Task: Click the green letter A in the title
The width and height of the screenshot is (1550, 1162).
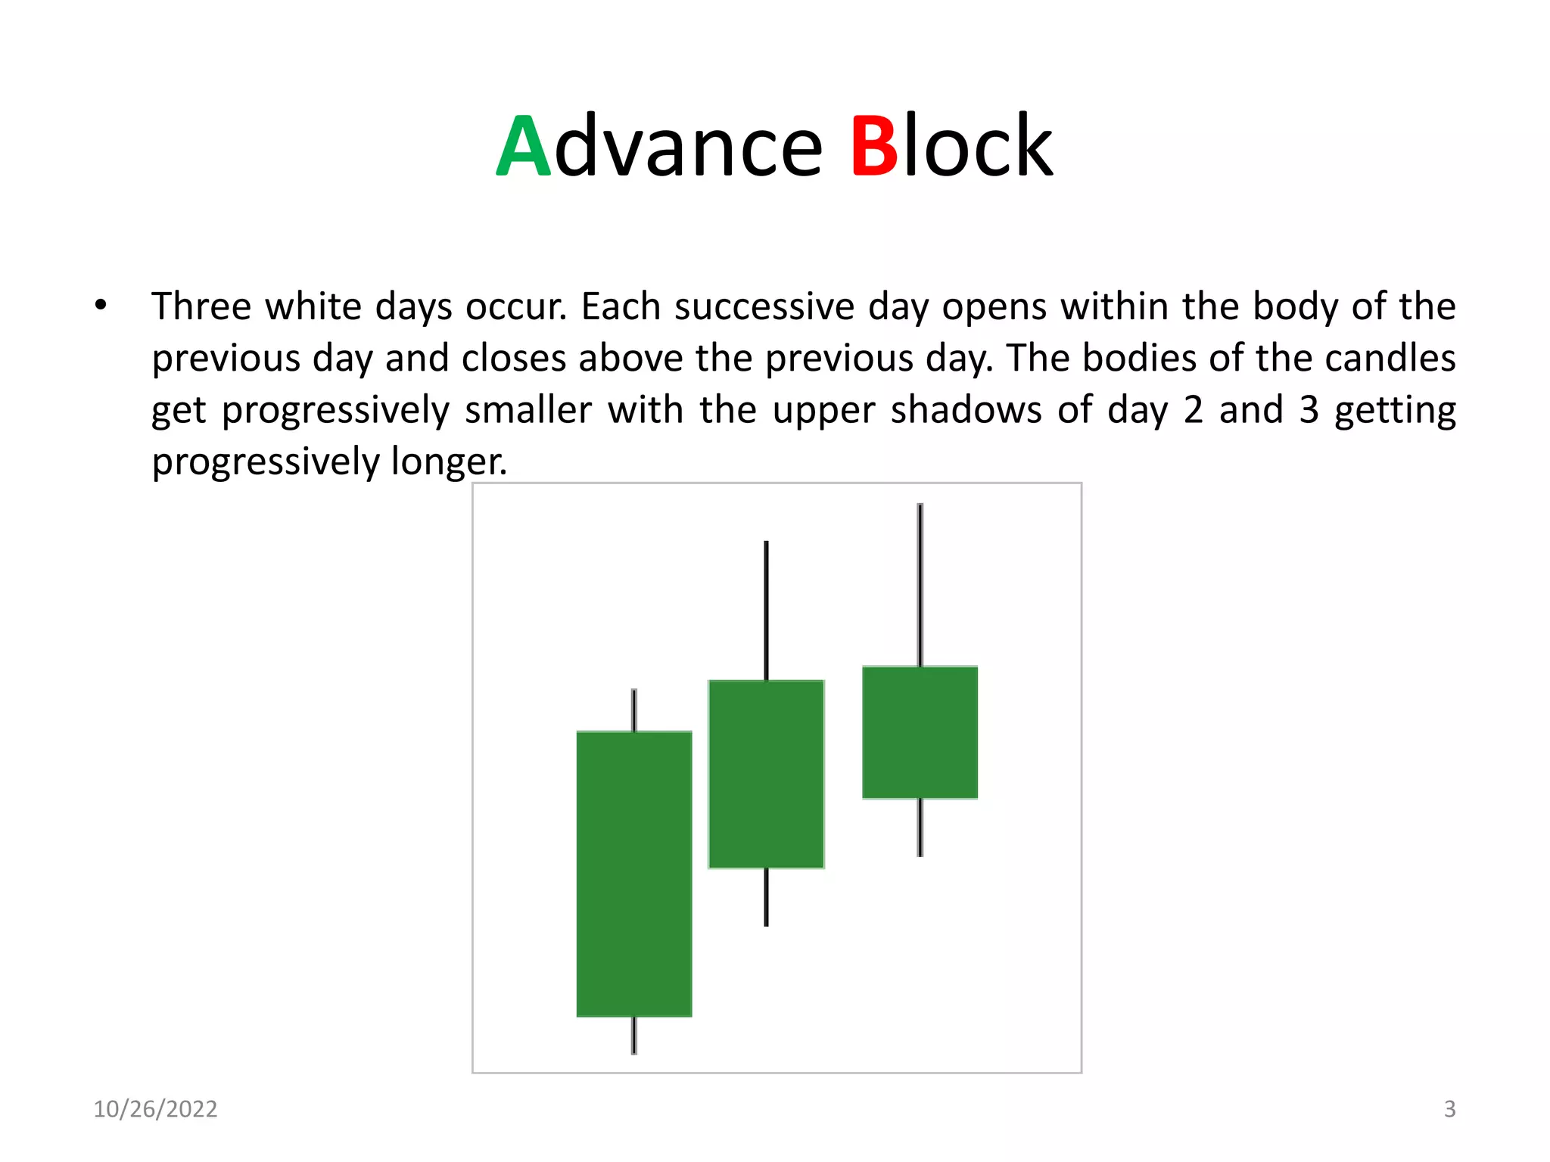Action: coord(524,147)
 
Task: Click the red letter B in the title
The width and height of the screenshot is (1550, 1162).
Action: coord(874,147)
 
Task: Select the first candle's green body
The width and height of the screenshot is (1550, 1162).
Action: coord(634,874)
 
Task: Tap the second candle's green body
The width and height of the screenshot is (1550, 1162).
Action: coord(766,774)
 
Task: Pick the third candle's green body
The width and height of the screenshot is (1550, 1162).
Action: coord(920,732)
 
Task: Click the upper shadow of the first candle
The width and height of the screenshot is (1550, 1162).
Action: coord(634,710)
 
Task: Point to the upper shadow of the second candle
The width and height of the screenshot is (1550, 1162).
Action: coord(766,610)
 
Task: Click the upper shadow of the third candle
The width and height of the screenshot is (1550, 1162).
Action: coord(920,584)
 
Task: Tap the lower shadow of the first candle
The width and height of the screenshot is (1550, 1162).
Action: coord(634,1035)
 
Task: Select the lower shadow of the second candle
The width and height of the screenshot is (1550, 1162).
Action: coord(766,897)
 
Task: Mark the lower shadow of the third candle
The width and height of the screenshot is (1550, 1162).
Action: coord(920,828)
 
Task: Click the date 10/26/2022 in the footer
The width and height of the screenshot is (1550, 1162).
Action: coord(155,1109)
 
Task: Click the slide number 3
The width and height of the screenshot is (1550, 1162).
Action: coord(1449,1109)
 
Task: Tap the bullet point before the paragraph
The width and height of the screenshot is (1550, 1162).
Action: coord(101,306)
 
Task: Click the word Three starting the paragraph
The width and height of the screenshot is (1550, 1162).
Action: coord(201,307)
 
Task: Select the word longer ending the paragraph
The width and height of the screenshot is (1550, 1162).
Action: coord(448,461)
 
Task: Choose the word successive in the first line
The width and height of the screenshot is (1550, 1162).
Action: coord(764,307)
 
